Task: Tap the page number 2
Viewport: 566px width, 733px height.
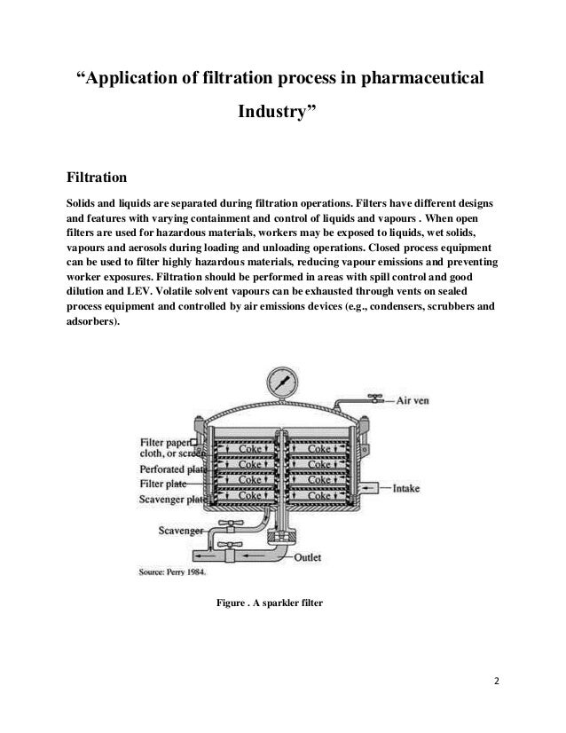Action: [x=497, y=682]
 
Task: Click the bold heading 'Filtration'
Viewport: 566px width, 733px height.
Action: [x=98, y=169]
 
